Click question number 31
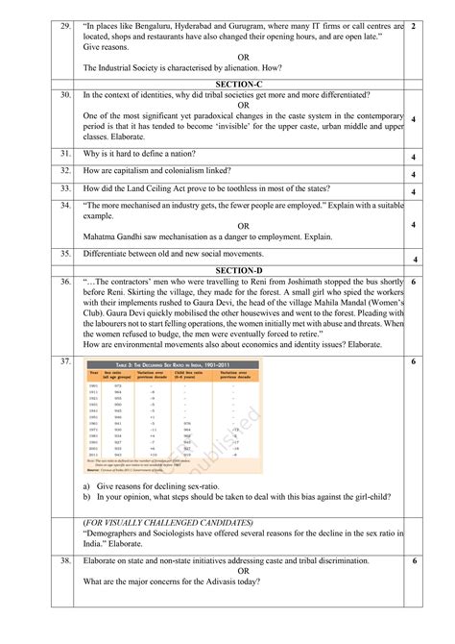[x=65, y=154]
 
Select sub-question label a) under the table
[x=88, y=488]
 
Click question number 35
[x=65, y=254]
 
